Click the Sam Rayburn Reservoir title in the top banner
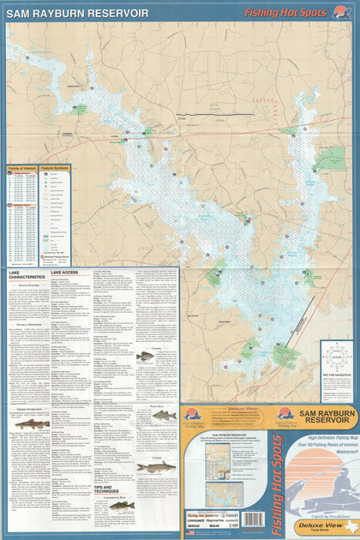pyautogui.click(x=77, y=14)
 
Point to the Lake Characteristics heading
pyautogui.click(x=26, y=275)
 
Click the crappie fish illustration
pyautogui.click(x=147, y=357)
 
